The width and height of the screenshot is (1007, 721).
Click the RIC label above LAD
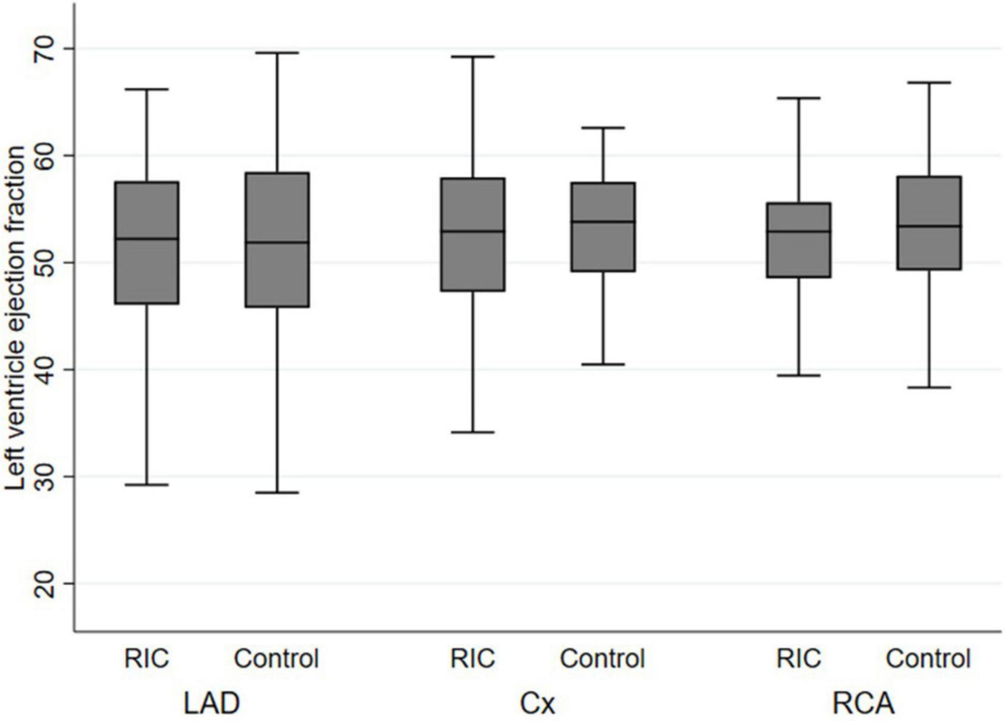[146, 658]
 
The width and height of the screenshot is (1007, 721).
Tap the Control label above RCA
[928, 658]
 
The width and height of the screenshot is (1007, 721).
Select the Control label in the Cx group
[603, 658]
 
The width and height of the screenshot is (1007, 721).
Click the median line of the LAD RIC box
[146, 238]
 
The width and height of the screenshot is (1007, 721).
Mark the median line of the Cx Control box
[603, 222]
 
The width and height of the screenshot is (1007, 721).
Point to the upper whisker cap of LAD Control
[277, 53]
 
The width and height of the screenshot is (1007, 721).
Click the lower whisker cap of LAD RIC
[146, 484]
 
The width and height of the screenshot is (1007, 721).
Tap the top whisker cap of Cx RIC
[472, 56]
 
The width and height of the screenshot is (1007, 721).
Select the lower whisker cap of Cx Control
[603, 364]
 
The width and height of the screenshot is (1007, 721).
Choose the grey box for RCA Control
[928, 222]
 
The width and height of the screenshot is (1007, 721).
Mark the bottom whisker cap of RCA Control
[928, 387]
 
